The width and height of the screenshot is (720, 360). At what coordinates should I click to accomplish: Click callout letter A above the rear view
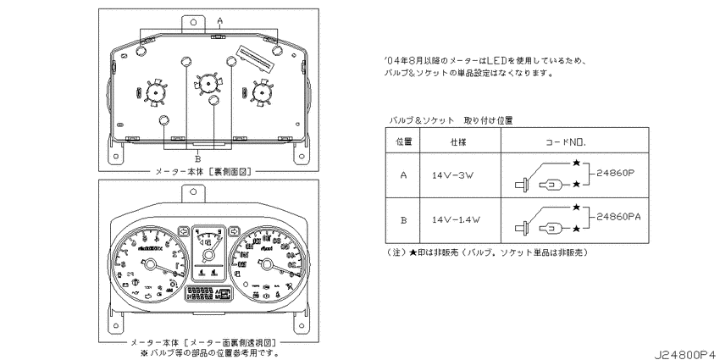point(219,19)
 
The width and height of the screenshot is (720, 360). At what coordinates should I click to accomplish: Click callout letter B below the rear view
point(197,158)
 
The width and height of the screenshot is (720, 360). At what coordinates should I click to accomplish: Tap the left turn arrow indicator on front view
point(184,230)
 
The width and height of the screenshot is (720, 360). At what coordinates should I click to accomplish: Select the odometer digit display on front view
point(201,293)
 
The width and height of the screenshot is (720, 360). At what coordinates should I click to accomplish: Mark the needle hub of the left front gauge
point(152,268)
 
